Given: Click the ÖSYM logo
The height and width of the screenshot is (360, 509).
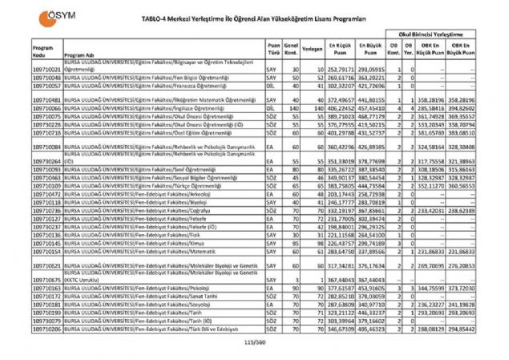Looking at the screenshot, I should pyautogui.click(x=30, y=12).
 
